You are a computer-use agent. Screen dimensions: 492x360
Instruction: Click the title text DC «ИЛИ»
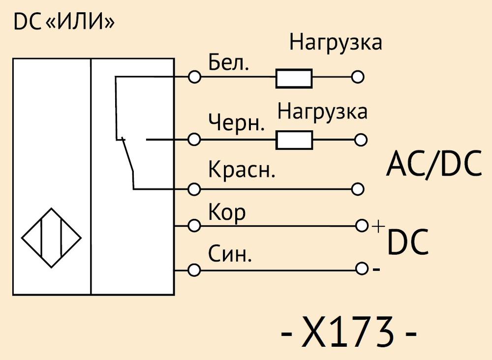64,22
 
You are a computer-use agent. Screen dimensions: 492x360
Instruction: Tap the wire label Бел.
228,63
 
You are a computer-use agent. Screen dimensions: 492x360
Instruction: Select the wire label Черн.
237,122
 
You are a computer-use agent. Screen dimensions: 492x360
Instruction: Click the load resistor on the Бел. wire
294,78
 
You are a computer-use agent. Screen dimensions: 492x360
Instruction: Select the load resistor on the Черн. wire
294,140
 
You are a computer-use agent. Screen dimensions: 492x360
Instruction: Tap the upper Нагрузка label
336,43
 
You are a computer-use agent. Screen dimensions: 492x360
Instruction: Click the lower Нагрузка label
322,112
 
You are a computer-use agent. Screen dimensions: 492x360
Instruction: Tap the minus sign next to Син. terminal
376,270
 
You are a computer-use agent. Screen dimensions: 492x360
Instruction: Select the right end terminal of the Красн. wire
358,189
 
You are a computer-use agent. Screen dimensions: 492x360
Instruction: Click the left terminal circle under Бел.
194,77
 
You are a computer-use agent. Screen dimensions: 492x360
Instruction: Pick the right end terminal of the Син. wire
362,269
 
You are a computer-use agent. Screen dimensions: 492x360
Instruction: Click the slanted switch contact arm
128,155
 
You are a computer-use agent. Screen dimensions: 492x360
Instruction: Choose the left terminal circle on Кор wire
194,225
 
